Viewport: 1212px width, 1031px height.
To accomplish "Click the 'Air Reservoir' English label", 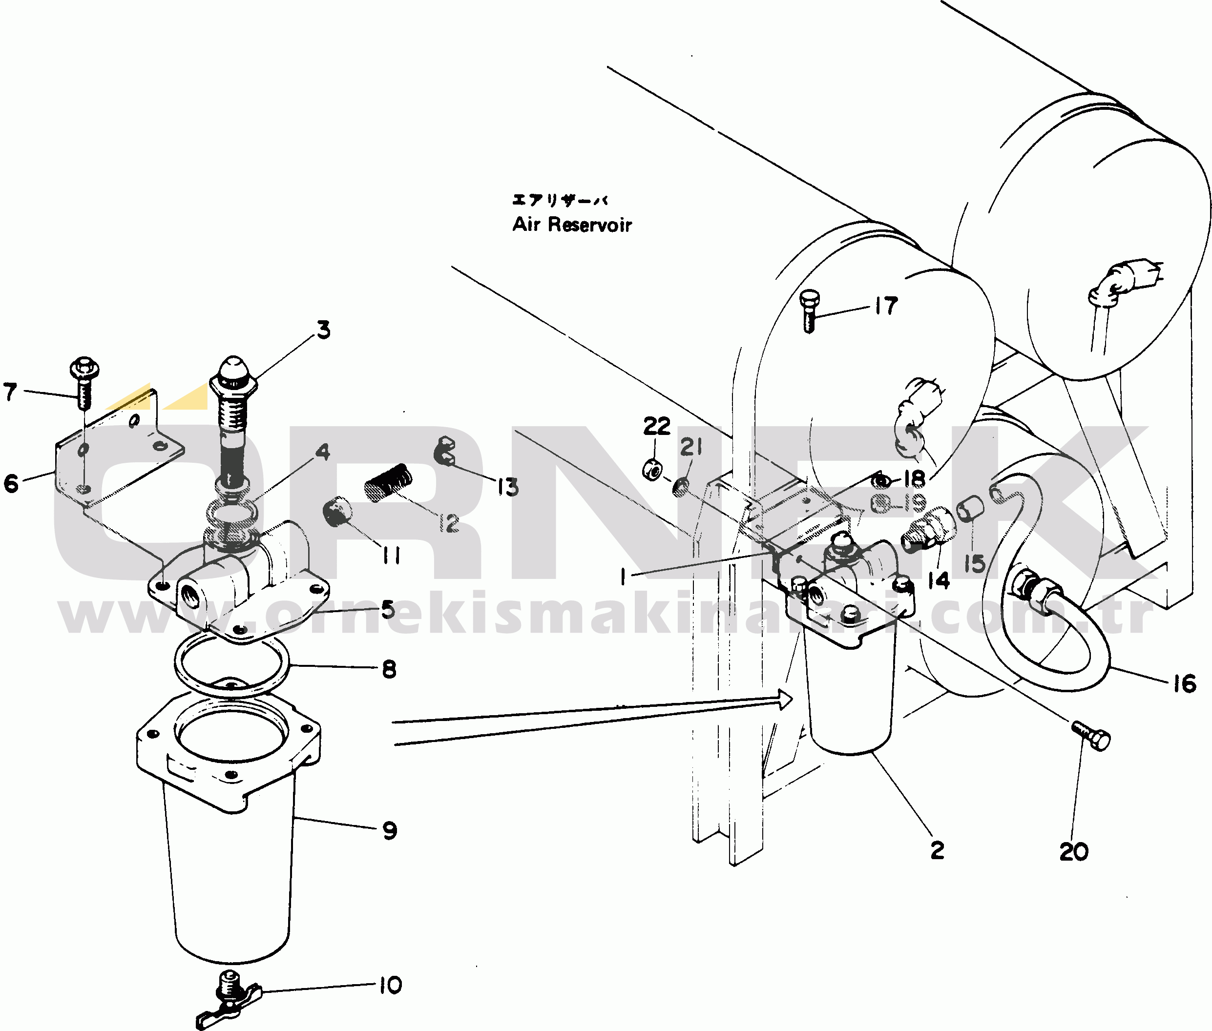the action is (572, 225).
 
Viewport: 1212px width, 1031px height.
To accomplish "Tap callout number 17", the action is (886, 306).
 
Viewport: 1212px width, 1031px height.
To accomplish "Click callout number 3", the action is (323, 330).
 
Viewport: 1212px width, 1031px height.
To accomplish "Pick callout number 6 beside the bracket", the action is (11, 483).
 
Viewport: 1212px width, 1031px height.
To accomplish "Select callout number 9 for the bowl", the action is (389, 830).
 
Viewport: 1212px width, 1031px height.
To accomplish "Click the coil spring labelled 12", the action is (388, 483).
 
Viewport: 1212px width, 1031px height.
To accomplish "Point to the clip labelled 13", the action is (444, 451).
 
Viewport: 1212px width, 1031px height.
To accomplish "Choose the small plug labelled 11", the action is (337, 510).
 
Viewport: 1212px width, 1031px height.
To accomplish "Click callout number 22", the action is (657, 426).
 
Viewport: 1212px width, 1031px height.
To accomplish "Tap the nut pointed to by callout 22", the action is (652, 469).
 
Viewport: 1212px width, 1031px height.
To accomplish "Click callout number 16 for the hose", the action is (1185, 684).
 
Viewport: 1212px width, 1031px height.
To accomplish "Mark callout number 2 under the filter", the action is (937, 850).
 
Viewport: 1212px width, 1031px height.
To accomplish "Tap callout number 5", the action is (388, 610).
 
